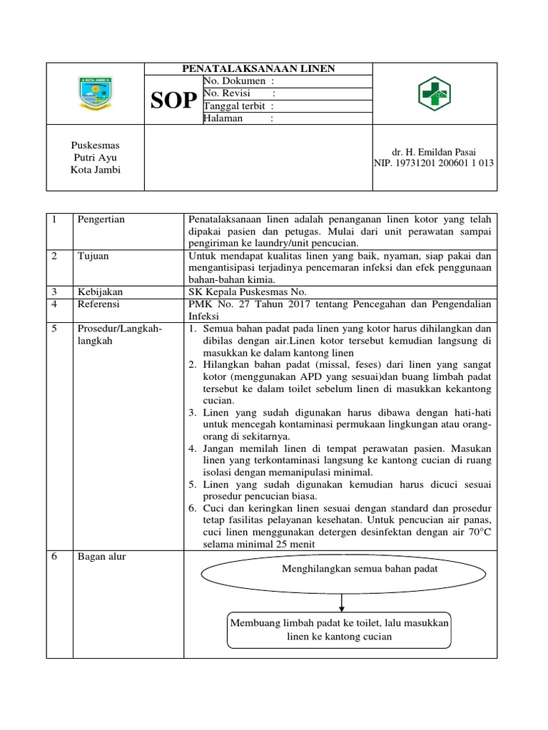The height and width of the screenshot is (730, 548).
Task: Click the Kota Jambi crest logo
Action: tap(95, 96)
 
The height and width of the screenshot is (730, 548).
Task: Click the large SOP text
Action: tap(173, 101)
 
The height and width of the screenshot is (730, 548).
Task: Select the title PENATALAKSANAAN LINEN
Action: tap(258, 68)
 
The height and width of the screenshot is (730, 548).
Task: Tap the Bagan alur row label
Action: tap(101, 557)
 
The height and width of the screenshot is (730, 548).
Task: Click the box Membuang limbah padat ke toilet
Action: tap(339, 629)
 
